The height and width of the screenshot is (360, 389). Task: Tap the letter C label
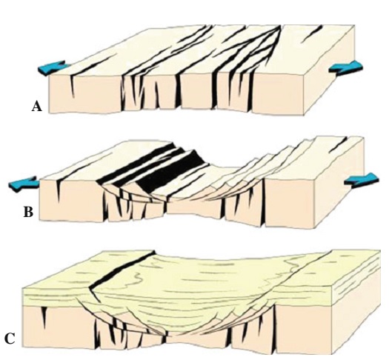pyautogui.click(x=10, y=339)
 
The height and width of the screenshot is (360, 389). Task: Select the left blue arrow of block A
pyautogui.click(x=54, y=69)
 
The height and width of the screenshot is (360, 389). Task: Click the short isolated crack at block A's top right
pyautogui.click(x=316, y=30)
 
